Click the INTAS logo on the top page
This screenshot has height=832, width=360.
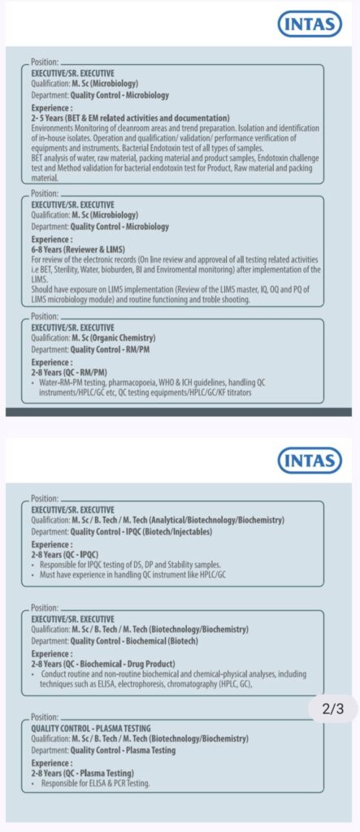tap(310, 24)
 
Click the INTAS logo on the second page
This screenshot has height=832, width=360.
tap(310, 460)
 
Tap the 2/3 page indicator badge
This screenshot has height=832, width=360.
tap(333, 708)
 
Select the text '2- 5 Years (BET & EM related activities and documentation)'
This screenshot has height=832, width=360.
tap(130, 118)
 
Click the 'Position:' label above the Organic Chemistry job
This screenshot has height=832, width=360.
tap(45, 316)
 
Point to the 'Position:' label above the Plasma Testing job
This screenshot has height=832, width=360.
tap(45, 717)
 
